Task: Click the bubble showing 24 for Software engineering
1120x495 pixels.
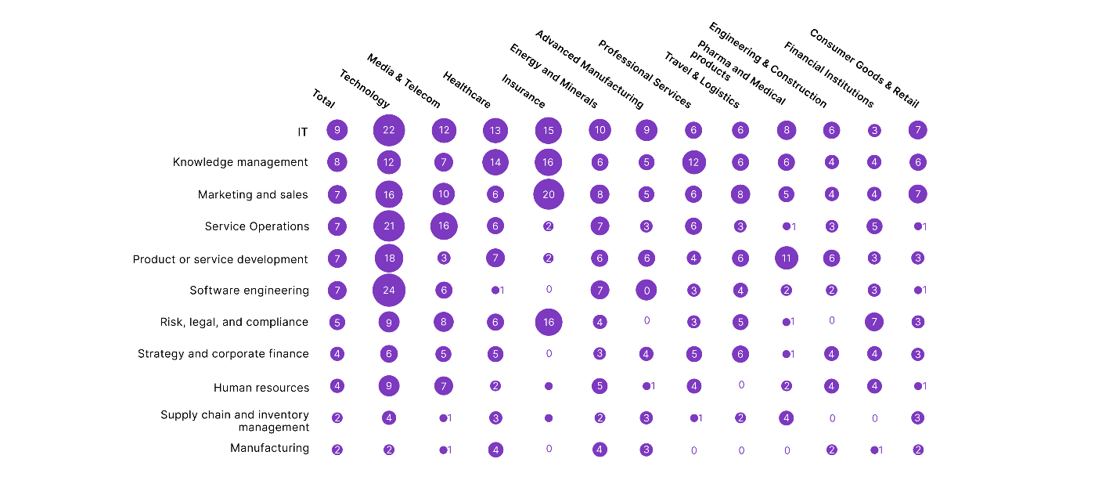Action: coord(389,291)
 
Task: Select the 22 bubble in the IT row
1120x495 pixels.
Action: coord(389,130)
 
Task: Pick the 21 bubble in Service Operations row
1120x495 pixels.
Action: coord(389,226)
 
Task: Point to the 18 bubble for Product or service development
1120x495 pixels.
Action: coord(389,258)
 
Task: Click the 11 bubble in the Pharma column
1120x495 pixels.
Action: coord(787,258)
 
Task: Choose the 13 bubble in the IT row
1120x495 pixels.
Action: coord(495,130)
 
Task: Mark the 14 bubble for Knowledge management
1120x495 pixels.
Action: coord(495,162)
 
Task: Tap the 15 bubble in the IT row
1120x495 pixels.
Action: coord(549,130)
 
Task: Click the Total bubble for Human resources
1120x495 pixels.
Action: coord(337,386)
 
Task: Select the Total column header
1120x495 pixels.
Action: coord(323,98)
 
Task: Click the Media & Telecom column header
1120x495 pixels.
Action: coord(403,81)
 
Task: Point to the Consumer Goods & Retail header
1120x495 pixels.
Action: coord(864,68)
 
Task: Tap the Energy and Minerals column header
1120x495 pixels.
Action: coord(553,76)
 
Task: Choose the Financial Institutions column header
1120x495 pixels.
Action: coord(828,74)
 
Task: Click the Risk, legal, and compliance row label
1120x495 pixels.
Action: coord(234,322)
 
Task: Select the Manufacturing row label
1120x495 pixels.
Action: coord(269,448)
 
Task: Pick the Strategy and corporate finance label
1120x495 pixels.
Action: coord(223,354)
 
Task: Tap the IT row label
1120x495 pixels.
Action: coord(302,132)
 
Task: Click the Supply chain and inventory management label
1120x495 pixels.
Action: coord(235,421)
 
